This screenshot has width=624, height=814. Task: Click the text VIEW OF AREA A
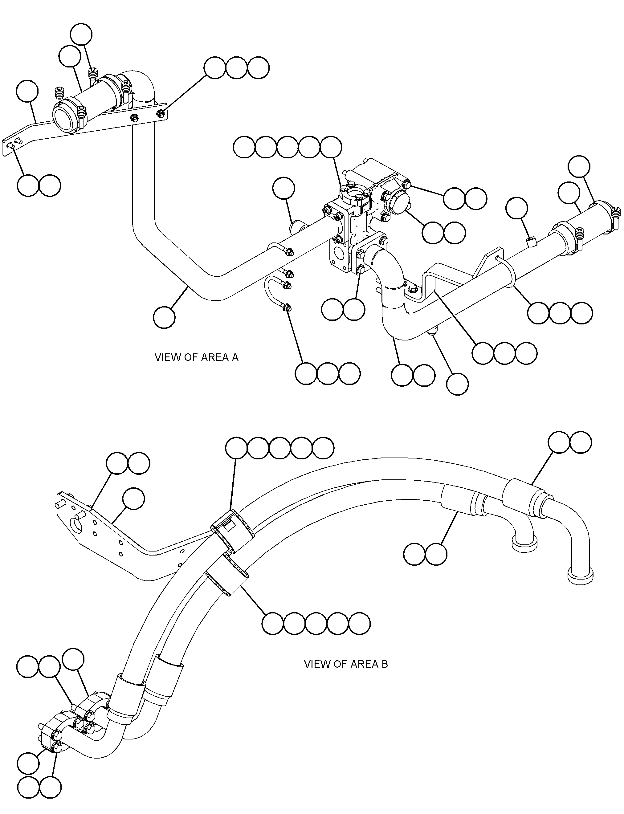pyautogui.click(x=197, y=357)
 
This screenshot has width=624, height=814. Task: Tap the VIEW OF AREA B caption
pyautogui.click(x=346, y=664)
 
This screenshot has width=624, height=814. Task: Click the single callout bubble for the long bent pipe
pyautogui.click(x=164, y=317)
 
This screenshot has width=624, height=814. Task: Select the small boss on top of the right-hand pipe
pyautogui.click(x=532, y=242)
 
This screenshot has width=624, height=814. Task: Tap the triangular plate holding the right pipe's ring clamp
pyautogui.click(x=487, y=264)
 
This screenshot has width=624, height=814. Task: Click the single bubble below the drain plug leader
pyautogui.click(x=457, y=384)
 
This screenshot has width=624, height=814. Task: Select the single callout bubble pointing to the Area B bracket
pyautogui.click(x=134, y=499)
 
